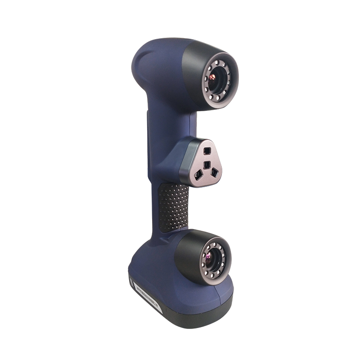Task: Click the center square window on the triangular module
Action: [206, 165]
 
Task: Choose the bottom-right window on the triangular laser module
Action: [215, 171]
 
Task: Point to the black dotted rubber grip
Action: [173, 207]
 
